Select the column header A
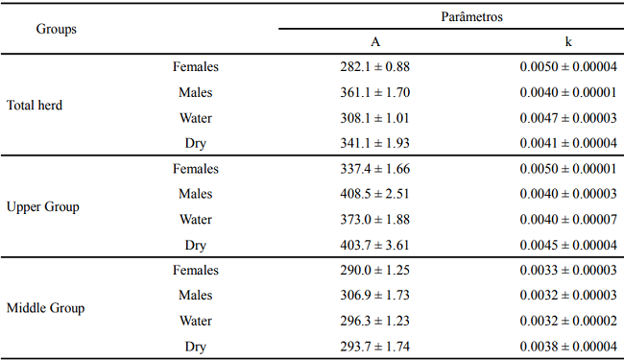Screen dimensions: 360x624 coord(375,42)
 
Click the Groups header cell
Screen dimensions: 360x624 coord(57,29)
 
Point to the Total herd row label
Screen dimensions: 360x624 coord(35,106)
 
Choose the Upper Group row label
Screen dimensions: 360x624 coord(43,206)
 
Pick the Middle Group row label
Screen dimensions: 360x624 coord(46,308)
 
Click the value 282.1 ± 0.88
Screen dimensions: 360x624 coord(369,67)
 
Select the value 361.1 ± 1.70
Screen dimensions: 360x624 coord(369,93)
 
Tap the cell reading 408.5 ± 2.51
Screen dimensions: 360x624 coord(369,194)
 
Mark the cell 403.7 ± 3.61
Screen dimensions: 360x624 coord(369,245)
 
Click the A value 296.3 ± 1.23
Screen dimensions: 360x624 coord(369,321)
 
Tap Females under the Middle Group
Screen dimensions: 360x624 coord(196,270)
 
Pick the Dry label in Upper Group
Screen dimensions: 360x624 coord(196,245)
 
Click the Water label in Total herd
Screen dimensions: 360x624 coord(196,118)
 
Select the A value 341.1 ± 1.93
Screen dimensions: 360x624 coord(369,143)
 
